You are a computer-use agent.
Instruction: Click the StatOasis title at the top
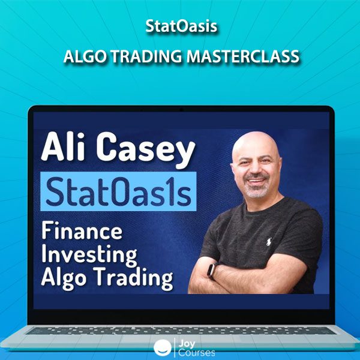coord(181,26)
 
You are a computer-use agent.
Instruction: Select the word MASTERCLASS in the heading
coord(243,56)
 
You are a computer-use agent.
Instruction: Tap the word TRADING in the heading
coord(148,56)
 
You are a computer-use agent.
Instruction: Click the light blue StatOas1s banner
coord(118,191)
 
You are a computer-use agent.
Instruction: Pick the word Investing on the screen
coord(89,256)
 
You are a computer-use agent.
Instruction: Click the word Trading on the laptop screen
coord(133,278)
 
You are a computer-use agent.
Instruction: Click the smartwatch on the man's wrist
coord(211,270)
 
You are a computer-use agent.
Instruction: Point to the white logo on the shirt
coord(268,242)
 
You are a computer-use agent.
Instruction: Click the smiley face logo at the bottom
coord(163,347)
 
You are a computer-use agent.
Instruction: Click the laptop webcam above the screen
coord(181,110)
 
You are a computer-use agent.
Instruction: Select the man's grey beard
coord(256,189)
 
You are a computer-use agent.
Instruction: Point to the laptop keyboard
coord(181,331)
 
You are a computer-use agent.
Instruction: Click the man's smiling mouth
coord(256,181)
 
